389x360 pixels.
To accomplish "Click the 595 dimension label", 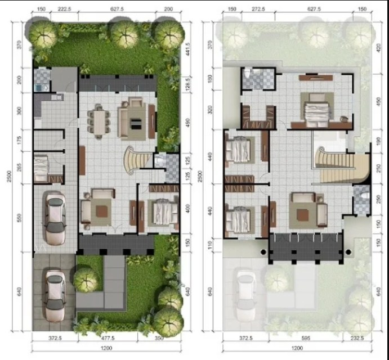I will [302, 339].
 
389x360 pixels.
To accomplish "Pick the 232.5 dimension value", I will [358, 339].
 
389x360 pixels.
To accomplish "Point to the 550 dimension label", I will [20, 218].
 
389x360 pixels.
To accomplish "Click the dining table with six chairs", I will [100, 120].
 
